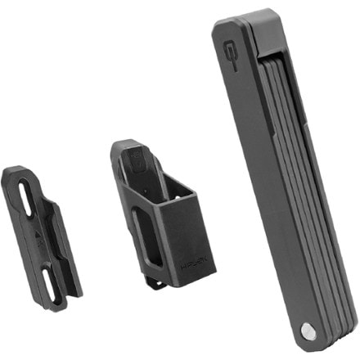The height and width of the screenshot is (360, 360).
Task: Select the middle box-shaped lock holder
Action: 155,213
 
